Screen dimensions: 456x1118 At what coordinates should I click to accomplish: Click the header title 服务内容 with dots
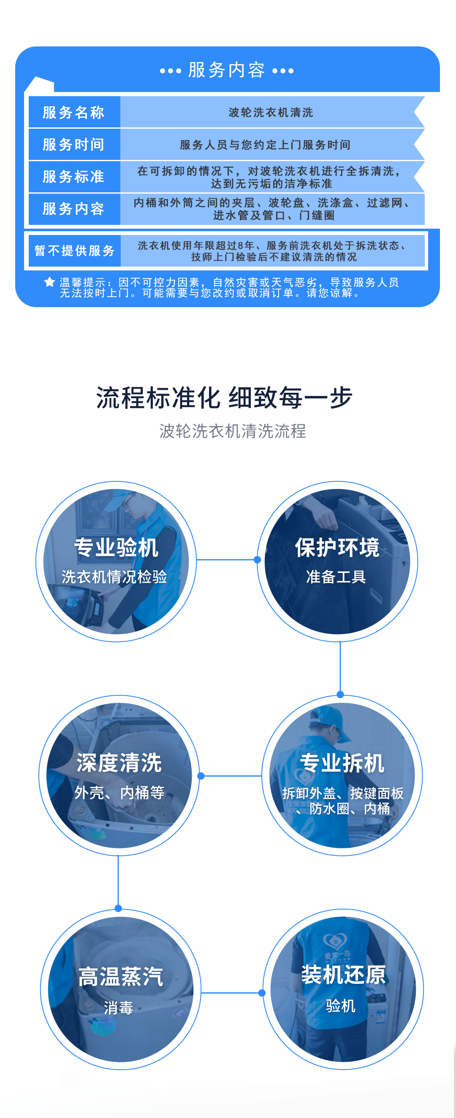point(227,70)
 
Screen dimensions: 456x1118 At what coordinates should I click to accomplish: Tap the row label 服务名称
point(73,112)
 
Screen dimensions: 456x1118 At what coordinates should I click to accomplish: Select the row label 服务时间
point(73,145)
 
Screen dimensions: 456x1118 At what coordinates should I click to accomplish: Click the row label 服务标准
point(73,177)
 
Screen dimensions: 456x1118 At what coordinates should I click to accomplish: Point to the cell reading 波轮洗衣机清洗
point(271,112)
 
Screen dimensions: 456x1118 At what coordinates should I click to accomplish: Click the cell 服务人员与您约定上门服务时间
point(265,145)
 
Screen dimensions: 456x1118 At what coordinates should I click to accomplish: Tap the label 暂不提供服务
point(74,251)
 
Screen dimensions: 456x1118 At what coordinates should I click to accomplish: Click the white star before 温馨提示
point(49,282)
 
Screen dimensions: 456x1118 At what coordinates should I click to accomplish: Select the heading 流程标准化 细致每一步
point(224,397)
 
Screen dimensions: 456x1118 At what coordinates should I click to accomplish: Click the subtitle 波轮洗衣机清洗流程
point(232,431)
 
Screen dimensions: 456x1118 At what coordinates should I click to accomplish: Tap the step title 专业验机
point(116,547)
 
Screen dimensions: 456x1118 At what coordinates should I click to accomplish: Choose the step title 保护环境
point(337,547)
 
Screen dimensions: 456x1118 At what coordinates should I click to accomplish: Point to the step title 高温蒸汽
point(121,977)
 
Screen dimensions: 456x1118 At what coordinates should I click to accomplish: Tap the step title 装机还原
point(343,975)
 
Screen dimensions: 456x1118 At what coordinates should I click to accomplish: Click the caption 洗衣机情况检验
point(114,577)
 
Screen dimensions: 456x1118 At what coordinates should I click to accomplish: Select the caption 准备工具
point(336,577)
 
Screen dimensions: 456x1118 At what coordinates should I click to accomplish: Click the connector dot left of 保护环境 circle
point(257,560)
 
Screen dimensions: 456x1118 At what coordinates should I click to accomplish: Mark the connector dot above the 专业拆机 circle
point(340,694)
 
